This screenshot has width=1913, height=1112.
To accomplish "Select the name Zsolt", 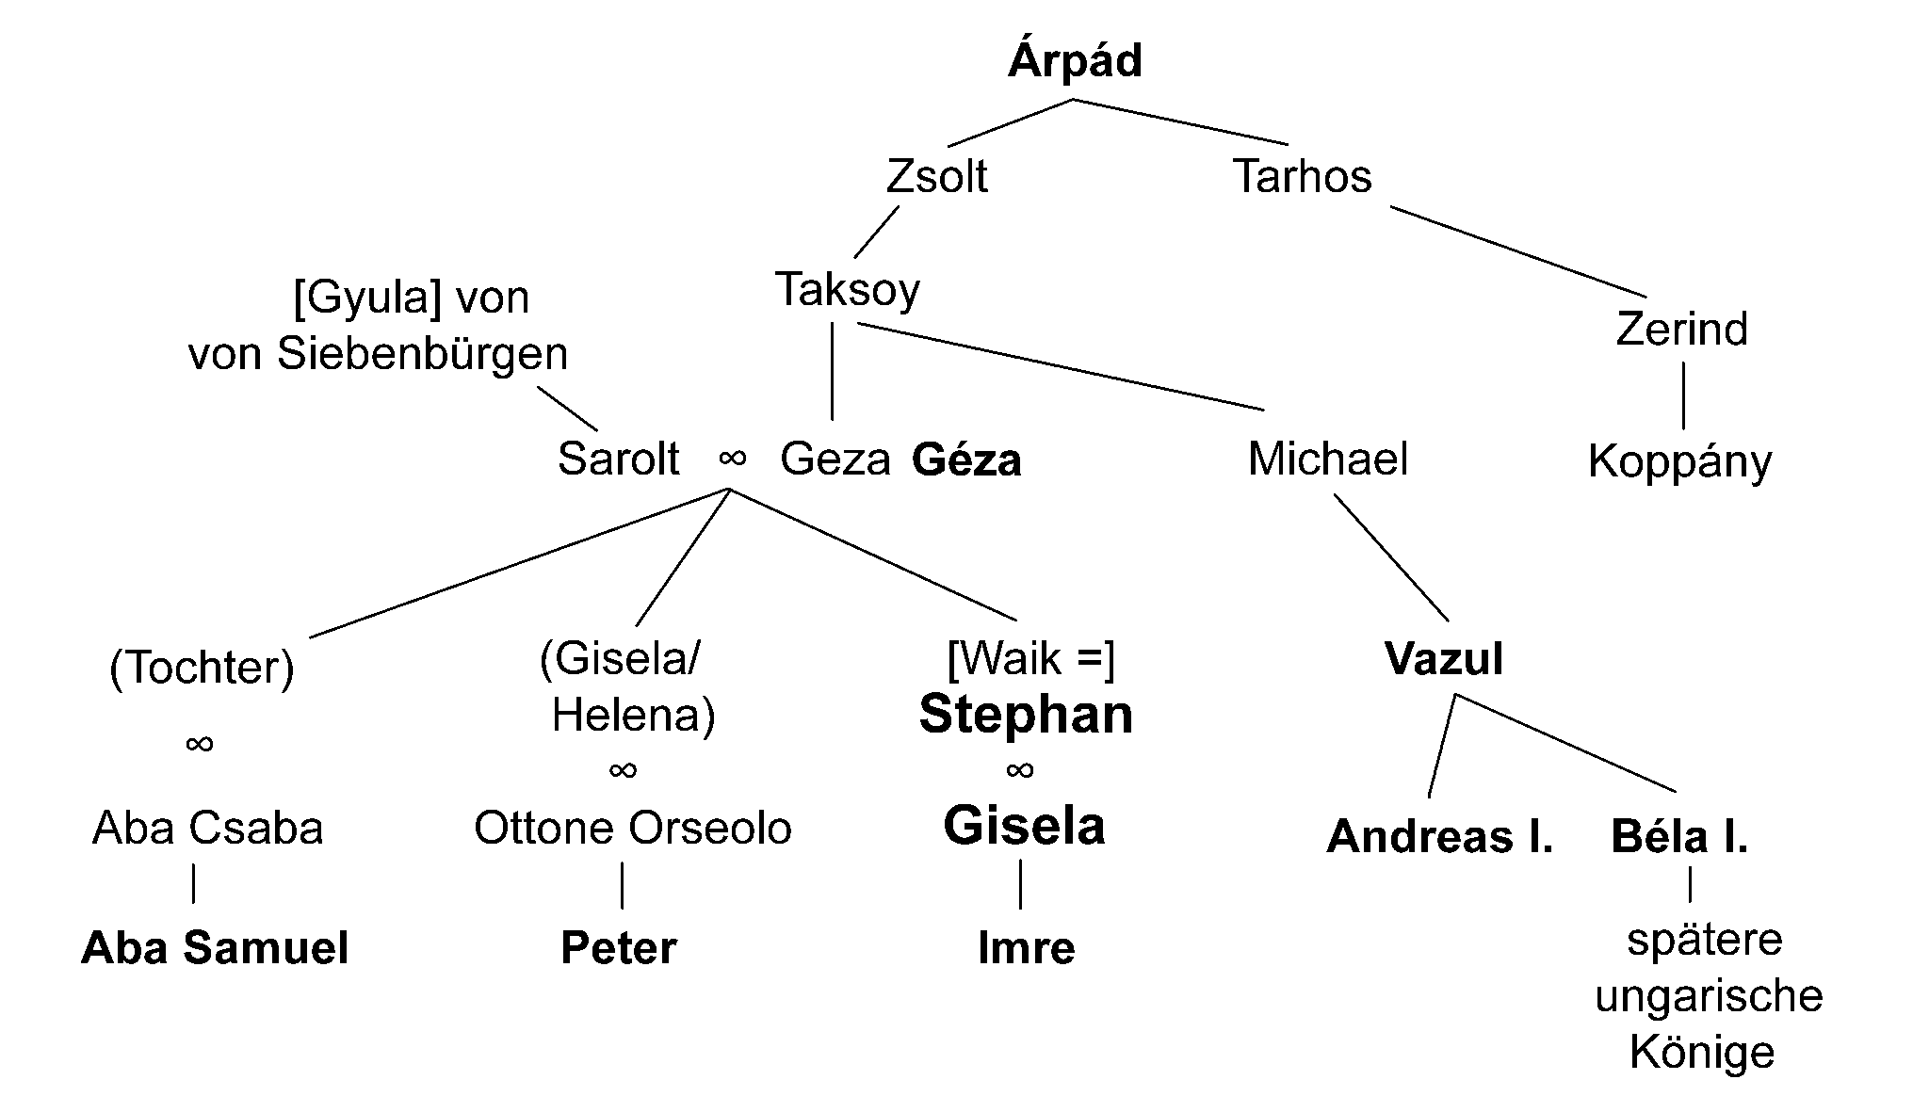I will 936,177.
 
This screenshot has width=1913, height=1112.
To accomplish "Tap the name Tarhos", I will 1302,177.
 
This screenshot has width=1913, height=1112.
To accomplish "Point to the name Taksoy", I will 847,290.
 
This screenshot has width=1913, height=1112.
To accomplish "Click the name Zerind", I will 1681,330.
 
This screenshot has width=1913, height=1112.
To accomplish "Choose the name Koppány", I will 1679,462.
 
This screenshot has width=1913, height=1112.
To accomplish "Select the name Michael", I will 1327,459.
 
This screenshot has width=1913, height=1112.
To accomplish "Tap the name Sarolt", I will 618,459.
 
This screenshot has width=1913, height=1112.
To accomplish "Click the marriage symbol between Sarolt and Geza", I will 732,459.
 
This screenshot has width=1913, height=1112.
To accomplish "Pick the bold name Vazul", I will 1443,659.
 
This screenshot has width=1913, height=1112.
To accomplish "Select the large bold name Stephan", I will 1026,715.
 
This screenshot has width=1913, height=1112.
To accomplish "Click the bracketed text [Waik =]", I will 1030,658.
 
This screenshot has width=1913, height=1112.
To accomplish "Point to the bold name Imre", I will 1026,948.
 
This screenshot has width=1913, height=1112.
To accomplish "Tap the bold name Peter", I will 618,948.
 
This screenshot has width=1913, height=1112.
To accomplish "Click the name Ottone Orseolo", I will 632,829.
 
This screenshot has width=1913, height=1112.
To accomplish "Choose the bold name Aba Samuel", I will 215,948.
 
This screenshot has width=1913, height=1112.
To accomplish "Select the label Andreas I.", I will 1439,837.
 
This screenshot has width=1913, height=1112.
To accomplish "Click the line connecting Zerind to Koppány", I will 1683,395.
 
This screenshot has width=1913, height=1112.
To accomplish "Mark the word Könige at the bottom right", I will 1701,1053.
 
